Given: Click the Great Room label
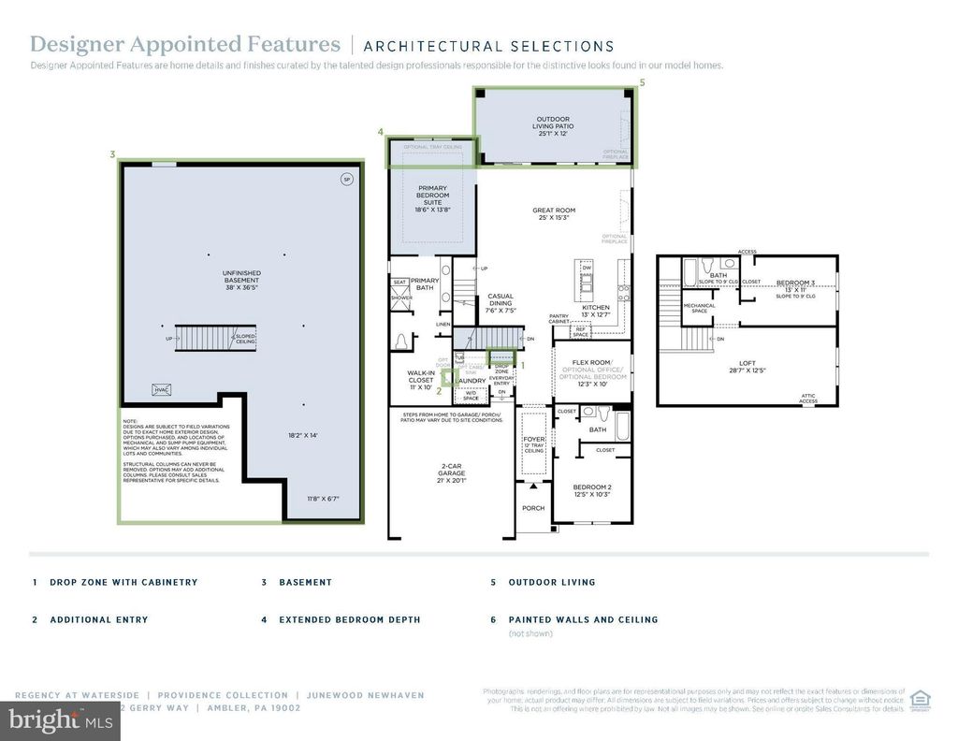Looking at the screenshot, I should [554, 215].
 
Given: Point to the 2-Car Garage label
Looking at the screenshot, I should [451, 472].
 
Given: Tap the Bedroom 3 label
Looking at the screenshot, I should [795, 286].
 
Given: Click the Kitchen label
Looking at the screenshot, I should [596, 312].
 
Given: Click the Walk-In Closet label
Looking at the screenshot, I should [421, 380].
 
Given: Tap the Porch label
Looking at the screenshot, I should [533, 509].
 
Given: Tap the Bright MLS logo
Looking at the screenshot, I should [59, 720].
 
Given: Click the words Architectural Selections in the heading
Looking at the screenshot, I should [488, 46].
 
